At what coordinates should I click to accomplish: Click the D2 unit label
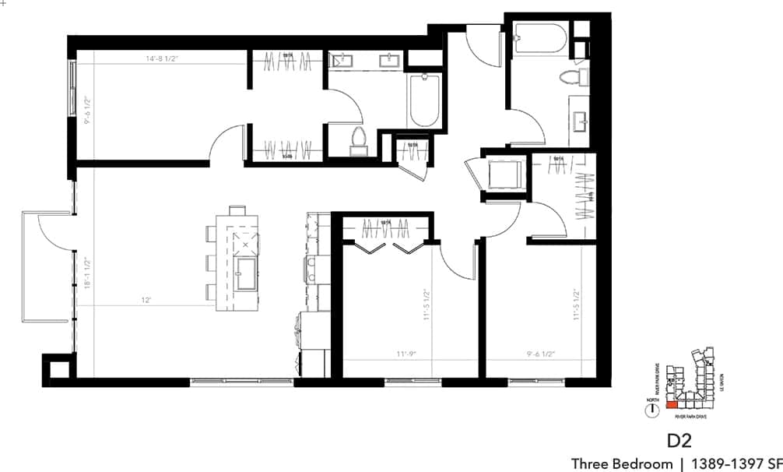(679, 440)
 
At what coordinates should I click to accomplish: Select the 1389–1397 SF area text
(736, 463)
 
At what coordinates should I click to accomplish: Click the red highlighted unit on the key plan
(672, 405)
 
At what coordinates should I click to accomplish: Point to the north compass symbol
(651, 410)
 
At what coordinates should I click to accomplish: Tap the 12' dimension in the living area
(145, 300)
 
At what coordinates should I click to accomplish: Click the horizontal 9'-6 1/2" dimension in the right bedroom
(539, 354)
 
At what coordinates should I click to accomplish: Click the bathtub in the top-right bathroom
(541, 37)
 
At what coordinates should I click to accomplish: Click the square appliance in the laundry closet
(504, 173)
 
